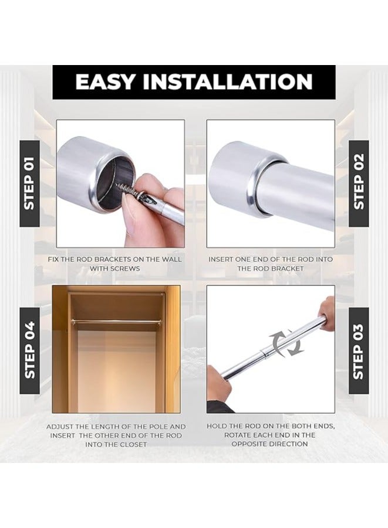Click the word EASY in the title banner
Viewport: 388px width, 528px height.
(106, 81)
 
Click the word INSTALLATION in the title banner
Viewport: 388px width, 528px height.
(228, 81)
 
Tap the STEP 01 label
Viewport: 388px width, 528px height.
(30, 183)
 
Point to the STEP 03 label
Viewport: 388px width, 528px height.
(359, 352)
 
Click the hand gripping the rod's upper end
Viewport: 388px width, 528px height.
(326, 312)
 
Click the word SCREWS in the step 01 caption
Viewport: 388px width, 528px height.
(125, 269)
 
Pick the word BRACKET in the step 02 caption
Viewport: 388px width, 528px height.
(288, 269)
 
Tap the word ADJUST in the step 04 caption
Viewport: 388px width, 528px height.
(60, 427)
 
